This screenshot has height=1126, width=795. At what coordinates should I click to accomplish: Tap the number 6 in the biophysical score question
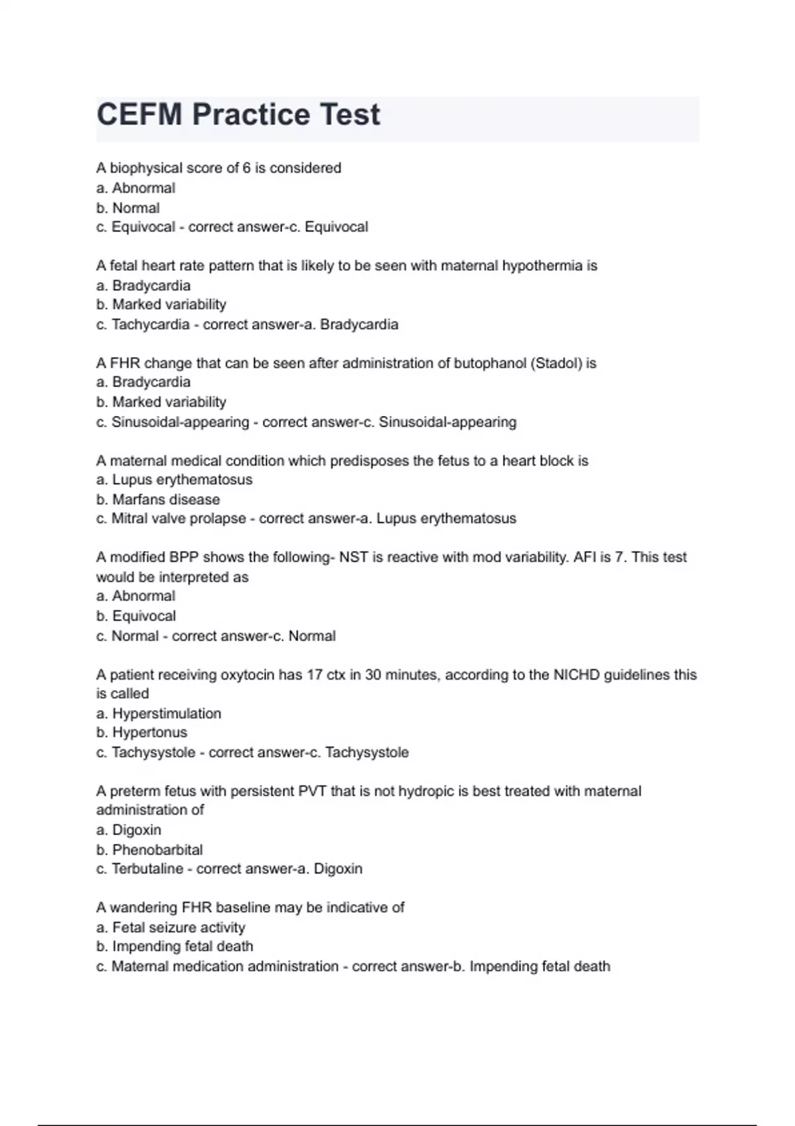tap(246, 168)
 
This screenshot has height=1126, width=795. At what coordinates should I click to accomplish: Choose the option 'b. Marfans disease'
tap(158, 499)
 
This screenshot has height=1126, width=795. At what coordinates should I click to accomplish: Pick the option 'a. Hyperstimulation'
tap(158, 713)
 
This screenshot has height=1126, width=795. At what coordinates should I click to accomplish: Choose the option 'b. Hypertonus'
tap(142, 733)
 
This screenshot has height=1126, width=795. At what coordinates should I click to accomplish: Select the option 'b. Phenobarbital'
tap(149, 850)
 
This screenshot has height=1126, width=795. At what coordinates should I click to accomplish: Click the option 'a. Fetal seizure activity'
tap(170, 927)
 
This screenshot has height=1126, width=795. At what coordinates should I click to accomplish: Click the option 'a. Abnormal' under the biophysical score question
tap(135, 188)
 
